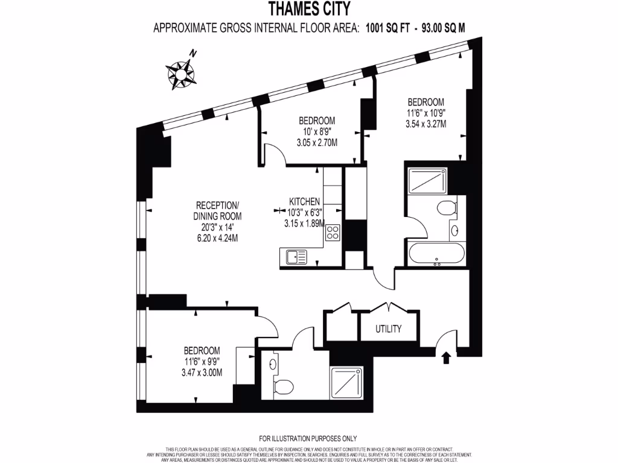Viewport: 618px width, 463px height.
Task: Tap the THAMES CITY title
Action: click(308, 9)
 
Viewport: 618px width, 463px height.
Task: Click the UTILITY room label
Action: click(389, 329)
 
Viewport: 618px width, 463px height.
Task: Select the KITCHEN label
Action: click(304, 201)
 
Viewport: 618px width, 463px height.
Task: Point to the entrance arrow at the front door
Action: click(447, 358)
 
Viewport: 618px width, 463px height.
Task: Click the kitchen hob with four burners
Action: click(333, 232)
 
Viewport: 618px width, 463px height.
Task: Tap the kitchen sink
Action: click(295, 256)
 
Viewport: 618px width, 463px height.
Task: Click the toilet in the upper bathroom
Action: click(446, 209)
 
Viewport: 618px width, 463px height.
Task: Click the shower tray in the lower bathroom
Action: click(346, 383)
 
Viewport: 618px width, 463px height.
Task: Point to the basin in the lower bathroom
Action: click(273, 364)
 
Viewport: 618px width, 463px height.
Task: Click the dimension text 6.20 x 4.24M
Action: click(217, 238)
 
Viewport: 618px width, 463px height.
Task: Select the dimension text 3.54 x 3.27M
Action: click(425, 124)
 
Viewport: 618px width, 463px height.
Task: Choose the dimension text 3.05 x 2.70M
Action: click(316, 143)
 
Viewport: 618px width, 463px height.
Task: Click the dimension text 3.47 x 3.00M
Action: click(202, 373)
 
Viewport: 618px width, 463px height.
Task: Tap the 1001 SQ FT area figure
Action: click(386, 27)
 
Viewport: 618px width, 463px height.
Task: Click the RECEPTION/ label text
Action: click(217, 205)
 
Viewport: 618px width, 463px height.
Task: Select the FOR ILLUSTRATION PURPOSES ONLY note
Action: click(308, 438)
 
